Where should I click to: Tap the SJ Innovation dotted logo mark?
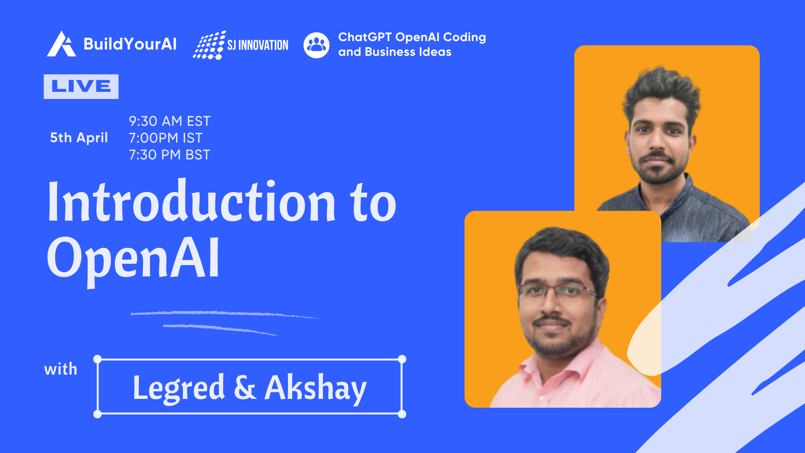209,45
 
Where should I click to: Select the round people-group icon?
317,45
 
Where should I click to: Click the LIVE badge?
81,86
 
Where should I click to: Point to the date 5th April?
79,138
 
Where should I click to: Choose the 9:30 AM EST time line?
169,121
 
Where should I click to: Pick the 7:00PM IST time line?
166,138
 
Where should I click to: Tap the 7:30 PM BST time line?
169,155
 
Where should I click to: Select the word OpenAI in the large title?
133,258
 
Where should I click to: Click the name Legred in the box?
179,388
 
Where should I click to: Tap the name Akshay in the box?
316,388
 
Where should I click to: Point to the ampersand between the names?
245,387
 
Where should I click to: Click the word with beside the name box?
61,369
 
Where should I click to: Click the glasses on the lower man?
558,291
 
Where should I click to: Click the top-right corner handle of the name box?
402,359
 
